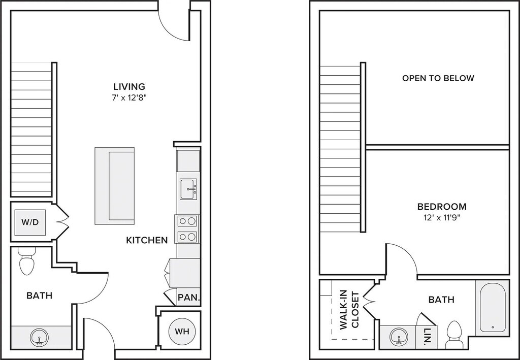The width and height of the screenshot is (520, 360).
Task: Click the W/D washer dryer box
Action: pos(30,222)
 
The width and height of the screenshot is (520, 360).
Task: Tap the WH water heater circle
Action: pos(182,331)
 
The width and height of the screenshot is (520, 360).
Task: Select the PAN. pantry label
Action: pos(189,297)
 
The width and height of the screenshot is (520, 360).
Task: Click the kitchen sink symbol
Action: pos(188,189)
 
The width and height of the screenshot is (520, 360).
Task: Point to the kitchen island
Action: pos(115,186)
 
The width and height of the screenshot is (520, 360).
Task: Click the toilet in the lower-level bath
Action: pos(27,261)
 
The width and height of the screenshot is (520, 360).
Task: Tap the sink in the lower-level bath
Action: pos(39,338)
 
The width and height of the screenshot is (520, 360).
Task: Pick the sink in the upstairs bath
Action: pos(398,337)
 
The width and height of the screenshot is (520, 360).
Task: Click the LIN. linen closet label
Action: pos(428,336)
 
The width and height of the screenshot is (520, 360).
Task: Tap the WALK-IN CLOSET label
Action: pos(349,310)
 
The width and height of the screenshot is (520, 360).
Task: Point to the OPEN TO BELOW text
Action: pos(438,78)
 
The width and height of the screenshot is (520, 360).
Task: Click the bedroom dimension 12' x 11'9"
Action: pos(441,218)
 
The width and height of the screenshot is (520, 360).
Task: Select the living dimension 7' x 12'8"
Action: pos(129,98)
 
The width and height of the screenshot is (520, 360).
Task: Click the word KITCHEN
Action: pos(147,240)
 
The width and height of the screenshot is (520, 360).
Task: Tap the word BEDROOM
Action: pos(442,207)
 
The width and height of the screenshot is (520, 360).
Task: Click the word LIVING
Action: pos(129,86)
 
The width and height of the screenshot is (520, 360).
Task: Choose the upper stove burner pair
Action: pos(187,220)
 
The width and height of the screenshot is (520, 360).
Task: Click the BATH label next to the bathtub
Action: pos(441,300)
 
